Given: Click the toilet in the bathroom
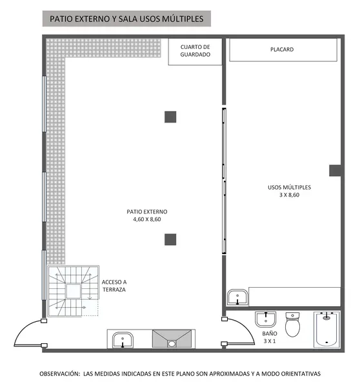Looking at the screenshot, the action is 292,324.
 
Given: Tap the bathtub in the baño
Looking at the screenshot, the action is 326,329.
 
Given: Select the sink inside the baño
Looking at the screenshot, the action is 265,319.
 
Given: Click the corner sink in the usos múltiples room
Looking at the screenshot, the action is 237,297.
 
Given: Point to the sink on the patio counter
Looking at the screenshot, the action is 123,340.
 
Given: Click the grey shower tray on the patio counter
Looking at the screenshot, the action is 172,339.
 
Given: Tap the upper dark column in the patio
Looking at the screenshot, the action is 170,117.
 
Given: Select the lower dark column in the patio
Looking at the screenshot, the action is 170,239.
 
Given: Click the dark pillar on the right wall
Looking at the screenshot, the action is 335,170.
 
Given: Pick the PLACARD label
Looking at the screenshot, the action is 282,50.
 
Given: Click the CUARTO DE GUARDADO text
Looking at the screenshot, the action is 195,50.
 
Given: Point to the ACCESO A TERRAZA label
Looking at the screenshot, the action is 114,286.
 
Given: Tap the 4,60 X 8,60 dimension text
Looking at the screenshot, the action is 147,219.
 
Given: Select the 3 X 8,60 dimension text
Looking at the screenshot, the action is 289,195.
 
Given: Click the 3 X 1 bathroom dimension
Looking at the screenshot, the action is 270,341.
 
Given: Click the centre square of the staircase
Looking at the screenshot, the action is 74,291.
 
